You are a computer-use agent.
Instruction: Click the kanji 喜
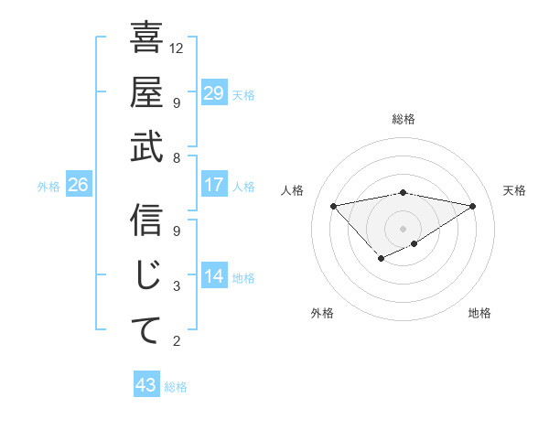pos(146,39)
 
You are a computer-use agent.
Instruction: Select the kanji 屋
pos(146,94)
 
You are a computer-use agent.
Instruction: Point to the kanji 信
pos(146,222)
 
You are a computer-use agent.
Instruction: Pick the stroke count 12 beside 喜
pos(178,48)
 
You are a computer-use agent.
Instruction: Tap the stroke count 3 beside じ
pos(178,286)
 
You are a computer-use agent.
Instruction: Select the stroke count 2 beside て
pos(178,341)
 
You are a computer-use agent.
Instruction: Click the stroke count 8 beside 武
pos(178,158)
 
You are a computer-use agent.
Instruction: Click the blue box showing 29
pos(213,93)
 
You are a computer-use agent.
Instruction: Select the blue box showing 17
pos(213,185)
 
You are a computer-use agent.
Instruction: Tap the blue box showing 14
pos(213,276)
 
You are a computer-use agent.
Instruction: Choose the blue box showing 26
pos(78,186)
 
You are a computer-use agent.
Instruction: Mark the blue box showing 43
pos(145,385)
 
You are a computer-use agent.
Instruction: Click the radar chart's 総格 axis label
pos(403,119)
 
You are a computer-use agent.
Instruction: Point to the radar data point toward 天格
pos(473,205)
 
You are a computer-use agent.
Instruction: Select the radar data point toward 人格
pos(333,205)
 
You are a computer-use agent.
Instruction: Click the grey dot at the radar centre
pos(403,228)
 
